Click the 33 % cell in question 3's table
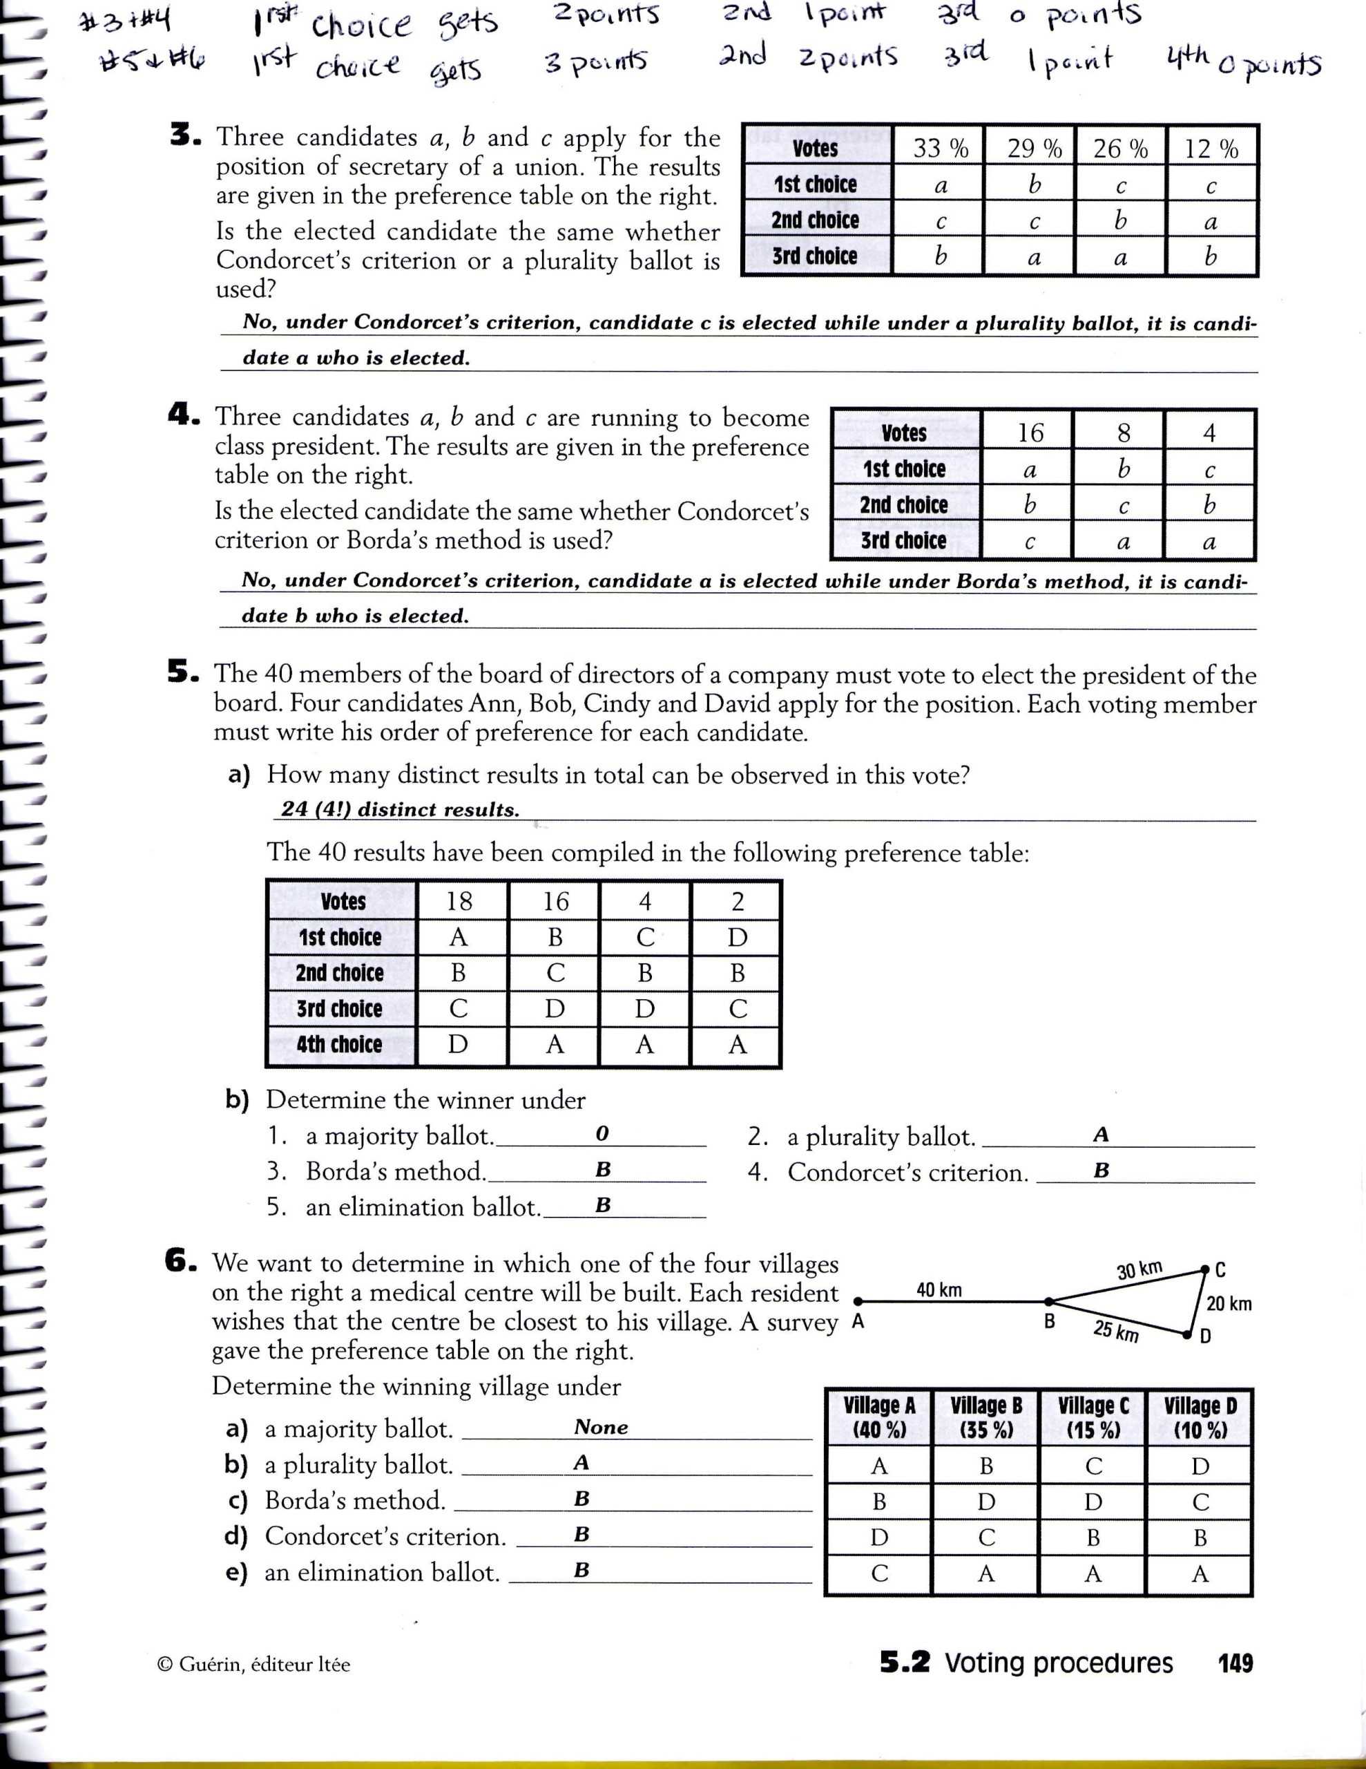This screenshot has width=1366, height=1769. pyautogui.click(x=940, y=149)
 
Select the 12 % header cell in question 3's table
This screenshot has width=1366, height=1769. pyautogui.click(x=1211, y=149)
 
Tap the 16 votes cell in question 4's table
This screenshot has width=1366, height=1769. pyautogui.click(x=1030, y=433)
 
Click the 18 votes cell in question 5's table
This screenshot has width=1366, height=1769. pyautogui.click(x=459, y=900)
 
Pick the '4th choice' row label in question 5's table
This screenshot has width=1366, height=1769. pyautogui.click(x=339, y=1044)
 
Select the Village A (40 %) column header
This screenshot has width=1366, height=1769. pyautogui.click(x=879, y=1417)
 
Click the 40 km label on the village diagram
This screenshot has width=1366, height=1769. pyautogui.click(x=939, y=1289)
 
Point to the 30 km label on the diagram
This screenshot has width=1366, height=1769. pyautogui.click(x=1139, y=1270)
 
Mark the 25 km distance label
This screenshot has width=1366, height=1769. pyautogui.click(x=1116, y=1331)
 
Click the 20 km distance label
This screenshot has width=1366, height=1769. pyautogui.click(x=1229, y=1303)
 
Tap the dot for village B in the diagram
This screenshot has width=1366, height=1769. pyautogui.click(x=1048, y=1300)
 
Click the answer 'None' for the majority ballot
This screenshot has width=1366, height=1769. pyautogui.click(x=601, y=1427)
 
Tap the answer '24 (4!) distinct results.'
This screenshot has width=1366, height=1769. pyautogui.click(x=400, y=809)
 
